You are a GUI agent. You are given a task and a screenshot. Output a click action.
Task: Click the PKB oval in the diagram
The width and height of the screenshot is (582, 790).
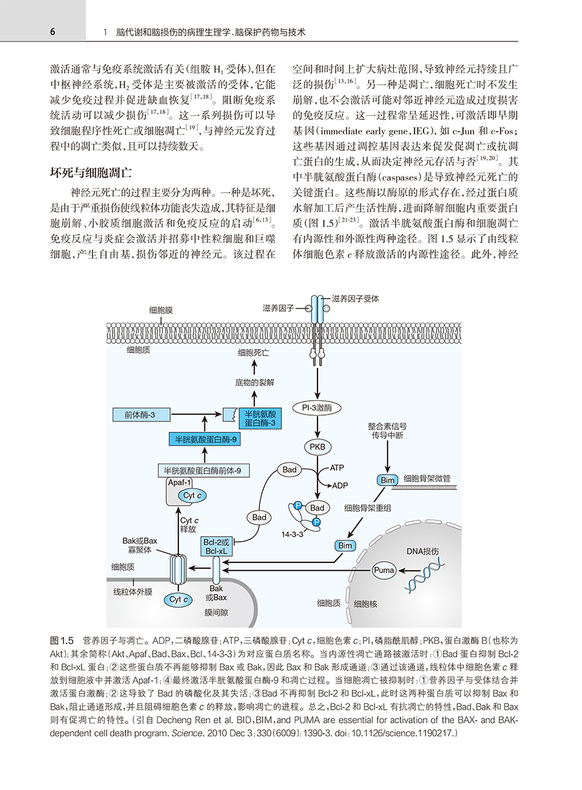(317, 447)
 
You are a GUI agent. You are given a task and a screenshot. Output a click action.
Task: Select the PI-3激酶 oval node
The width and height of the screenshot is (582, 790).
(317, 408)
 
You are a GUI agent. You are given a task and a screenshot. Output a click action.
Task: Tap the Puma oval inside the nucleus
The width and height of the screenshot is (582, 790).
(383, 570)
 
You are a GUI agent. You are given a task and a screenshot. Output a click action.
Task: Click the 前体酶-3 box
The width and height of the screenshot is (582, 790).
(142, 415)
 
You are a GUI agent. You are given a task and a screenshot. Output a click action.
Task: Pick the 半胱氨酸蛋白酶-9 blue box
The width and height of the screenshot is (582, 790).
(205, 440)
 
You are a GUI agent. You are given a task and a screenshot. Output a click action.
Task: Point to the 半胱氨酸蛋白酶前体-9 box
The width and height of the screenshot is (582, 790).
(204, 471)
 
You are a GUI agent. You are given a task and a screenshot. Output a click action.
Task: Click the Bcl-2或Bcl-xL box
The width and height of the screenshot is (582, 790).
(217, 547)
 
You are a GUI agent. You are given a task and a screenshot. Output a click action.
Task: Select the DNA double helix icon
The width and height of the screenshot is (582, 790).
(424, 577)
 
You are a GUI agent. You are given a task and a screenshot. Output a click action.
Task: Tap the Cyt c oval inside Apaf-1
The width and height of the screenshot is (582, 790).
(192, 495)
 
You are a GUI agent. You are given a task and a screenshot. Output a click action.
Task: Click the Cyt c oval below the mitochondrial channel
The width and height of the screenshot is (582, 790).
(178, 599)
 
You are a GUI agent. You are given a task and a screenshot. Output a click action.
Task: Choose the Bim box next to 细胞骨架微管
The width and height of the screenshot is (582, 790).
(387, 480)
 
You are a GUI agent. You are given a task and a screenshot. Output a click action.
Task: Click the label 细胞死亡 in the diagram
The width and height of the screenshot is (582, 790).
(253, 353)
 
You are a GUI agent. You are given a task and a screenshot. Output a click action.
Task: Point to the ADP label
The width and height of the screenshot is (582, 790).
(340, 486)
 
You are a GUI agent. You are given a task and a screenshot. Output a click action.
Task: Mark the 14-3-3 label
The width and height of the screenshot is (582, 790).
(292, 534)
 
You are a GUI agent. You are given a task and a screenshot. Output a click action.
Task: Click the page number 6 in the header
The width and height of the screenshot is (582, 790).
(52, 32)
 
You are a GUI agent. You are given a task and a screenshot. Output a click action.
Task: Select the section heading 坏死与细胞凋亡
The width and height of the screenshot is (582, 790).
(91, 173)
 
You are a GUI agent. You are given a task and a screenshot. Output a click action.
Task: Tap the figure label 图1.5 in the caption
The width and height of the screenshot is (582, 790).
(61, 641)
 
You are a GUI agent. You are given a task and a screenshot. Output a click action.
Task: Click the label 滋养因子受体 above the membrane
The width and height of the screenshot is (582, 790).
(356, 299)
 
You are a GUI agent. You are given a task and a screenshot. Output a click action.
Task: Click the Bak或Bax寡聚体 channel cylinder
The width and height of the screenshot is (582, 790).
(178, 570)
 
